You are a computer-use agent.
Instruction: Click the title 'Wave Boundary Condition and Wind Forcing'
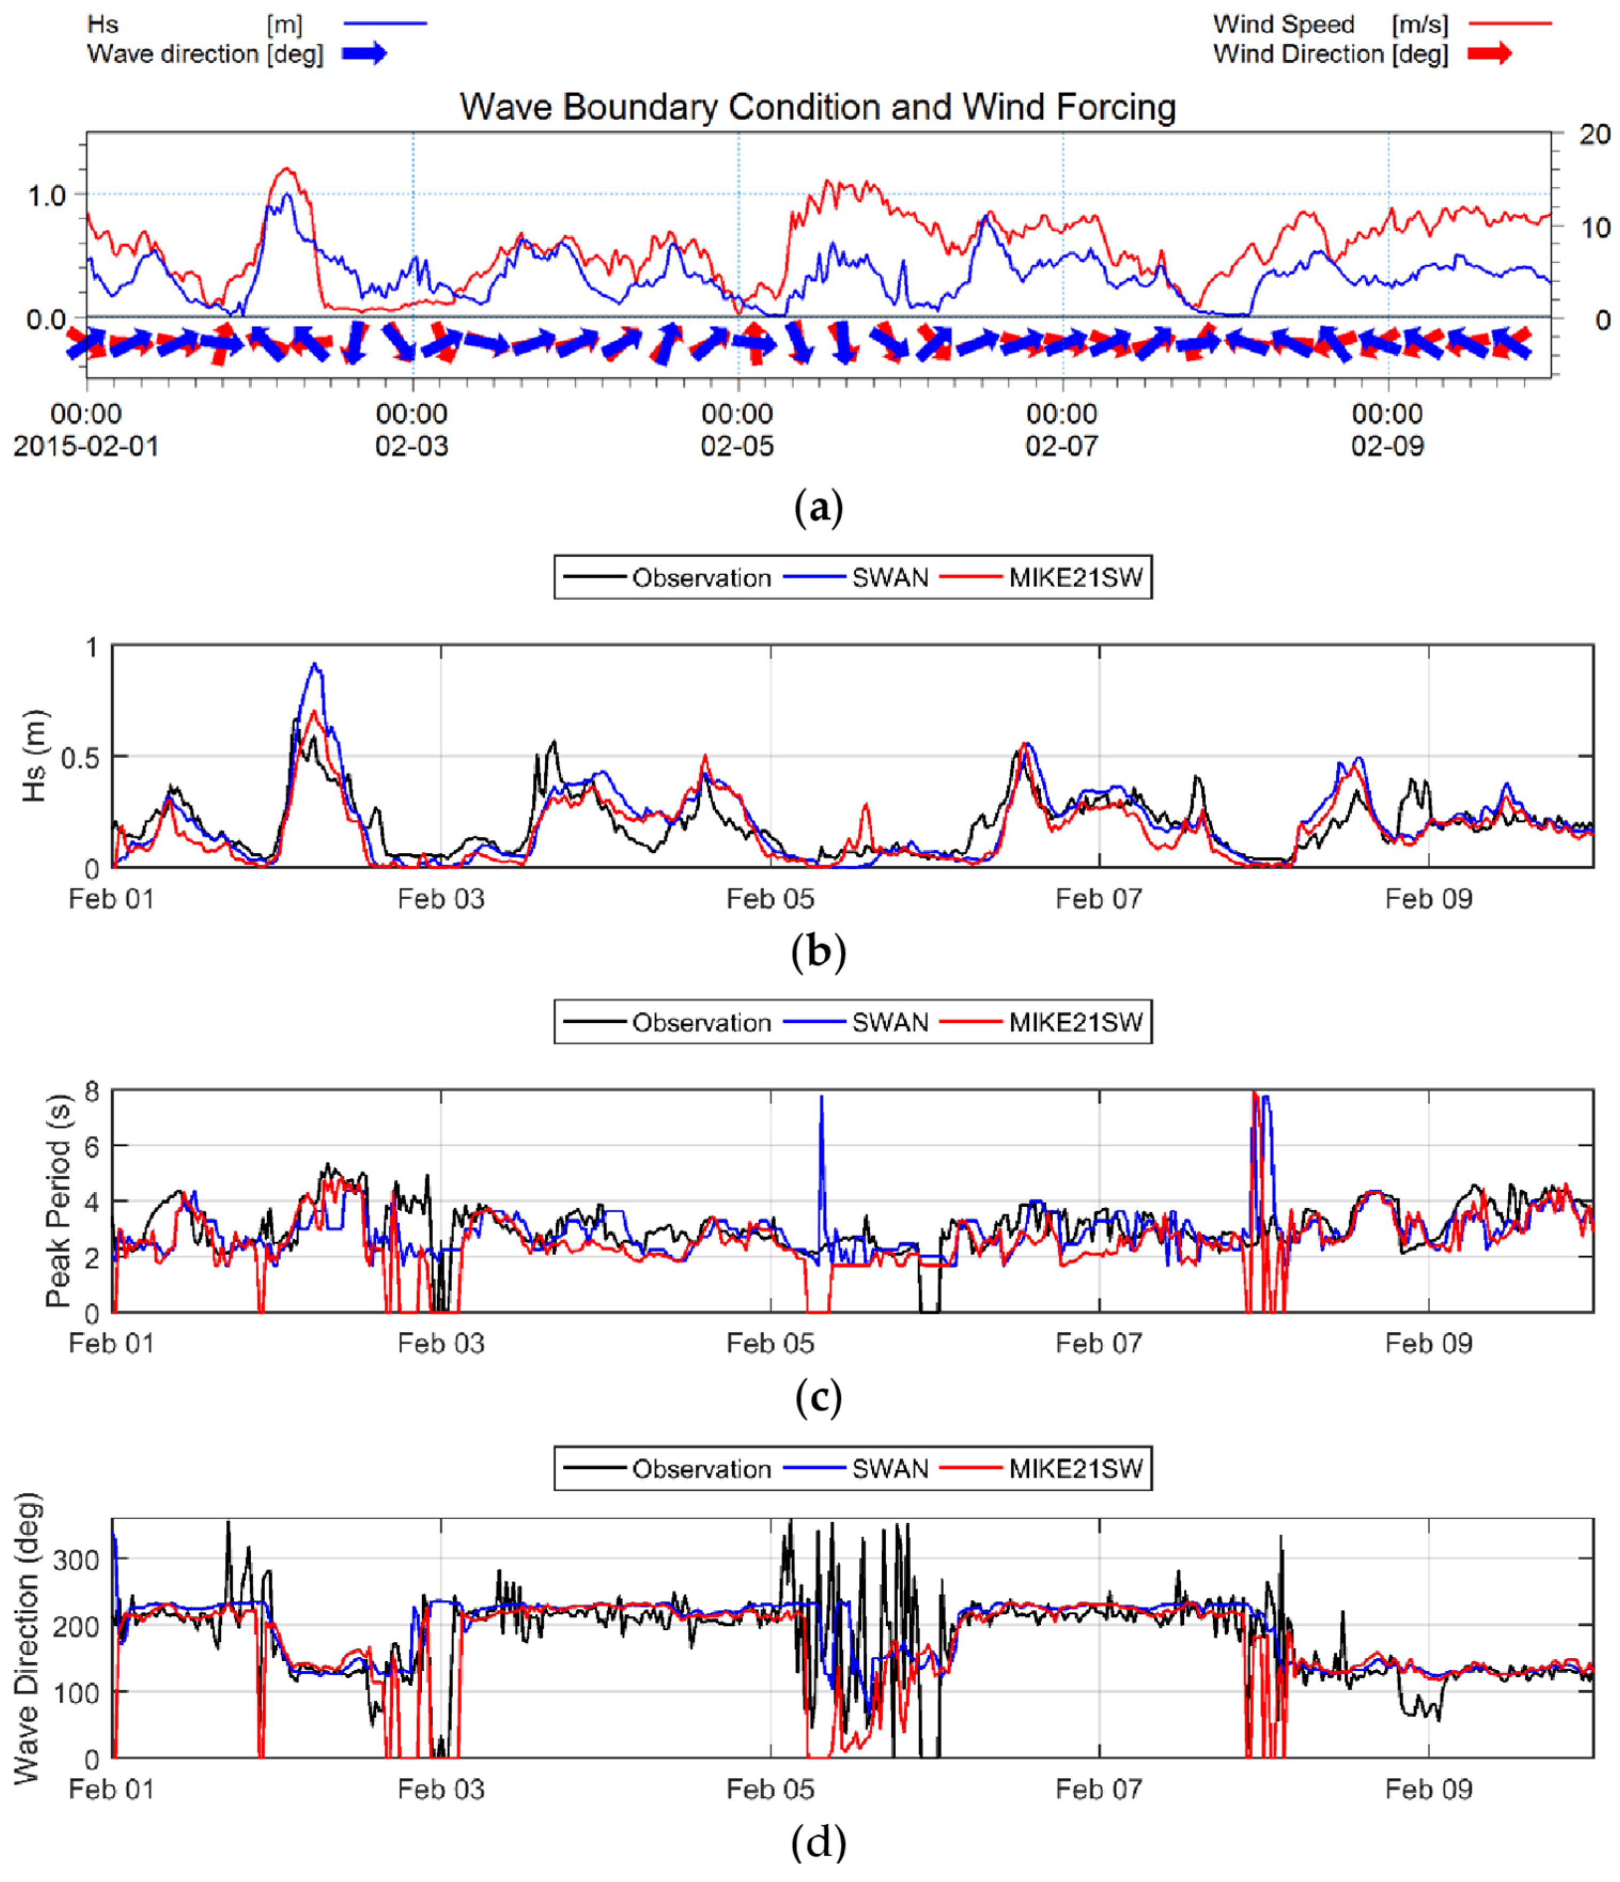click(x=817, y=107)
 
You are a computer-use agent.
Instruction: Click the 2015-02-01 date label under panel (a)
click(x=86, y=446)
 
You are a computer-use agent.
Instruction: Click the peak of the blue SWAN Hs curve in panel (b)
click(x=314, y=664)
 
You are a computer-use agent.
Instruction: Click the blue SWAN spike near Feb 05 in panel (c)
click(x=821, y=1099)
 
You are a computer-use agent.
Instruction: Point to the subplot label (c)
click(x=817, y=1399)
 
